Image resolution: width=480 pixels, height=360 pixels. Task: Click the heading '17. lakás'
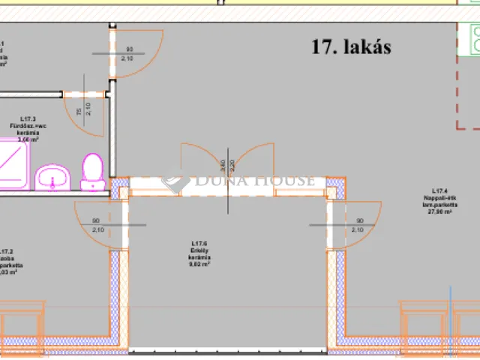[352, 47]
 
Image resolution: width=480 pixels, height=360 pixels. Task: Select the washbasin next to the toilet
[52, 176]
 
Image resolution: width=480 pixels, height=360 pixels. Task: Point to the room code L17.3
[28, 118]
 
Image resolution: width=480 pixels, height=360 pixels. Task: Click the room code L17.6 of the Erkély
[199, 243]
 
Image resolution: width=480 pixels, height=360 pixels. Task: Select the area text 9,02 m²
[199, 264]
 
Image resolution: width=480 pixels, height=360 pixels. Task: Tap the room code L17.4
[440, 191]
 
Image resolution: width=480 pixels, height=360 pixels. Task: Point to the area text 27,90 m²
[440, 212]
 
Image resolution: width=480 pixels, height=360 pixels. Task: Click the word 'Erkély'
[199, 250]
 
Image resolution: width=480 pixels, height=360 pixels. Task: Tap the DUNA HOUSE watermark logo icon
[175, 180]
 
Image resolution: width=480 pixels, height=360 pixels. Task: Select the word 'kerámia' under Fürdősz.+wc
[28, 133]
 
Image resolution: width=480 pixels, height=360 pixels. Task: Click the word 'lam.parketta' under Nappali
[440, 205]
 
